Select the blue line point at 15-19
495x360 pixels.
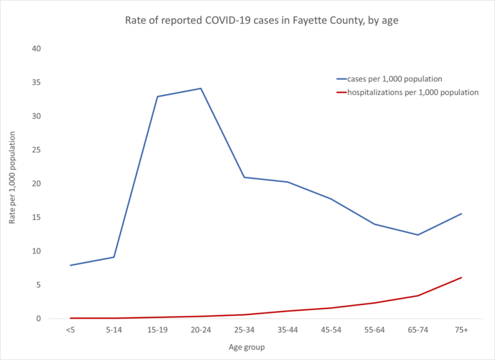click(x=157, y=97)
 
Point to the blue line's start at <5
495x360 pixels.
click(x=70, y=265)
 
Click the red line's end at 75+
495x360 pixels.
click(x=461, y=277)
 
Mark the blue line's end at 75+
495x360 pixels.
click(x=461, y=214)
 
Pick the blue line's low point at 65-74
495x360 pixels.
click(x=418, y=235)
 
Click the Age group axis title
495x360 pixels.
click(x=246, y=347)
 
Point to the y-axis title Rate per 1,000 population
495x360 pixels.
click(x=12, y=184)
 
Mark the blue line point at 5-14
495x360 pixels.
click(x=114, y=257)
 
